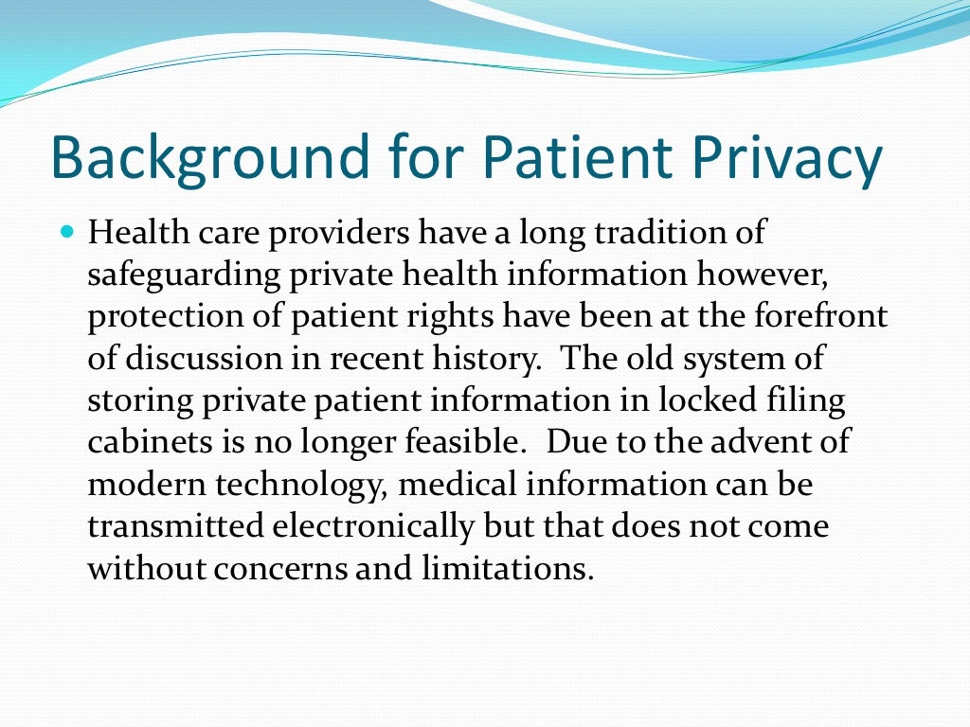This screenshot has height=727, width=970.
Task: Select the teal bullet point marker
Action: [x=66, y=231]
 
